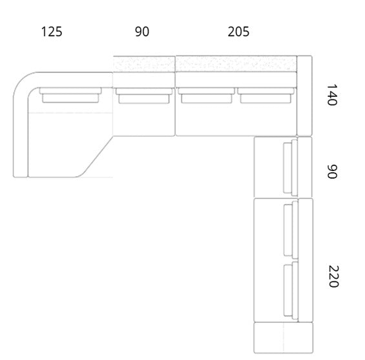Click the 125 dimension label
tap(52, 32)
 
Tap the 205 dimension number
tap(238, 32)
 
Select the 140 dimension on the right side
tap(332, 95)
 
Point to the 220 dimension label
tap(333, 276)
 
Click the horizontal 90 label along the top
tap(142, 32)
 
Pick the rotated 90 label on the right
tap(332, 172)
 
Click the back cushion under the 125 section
tap(70, 95)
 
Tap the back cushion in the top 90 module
tap(144, 95)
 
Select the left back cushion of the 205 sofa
tap(206, 95)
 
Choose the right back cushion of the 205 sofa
tap(266, 95)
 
